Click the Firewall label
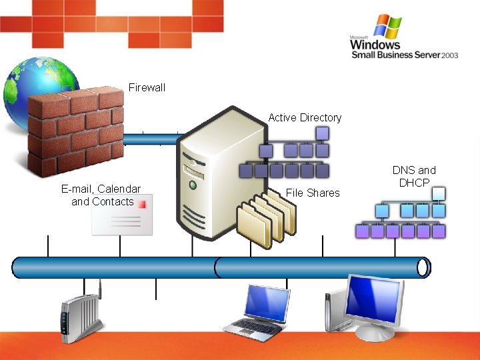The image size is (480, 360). pos(147,87)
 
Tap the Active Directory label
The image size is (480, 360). pos(305,117)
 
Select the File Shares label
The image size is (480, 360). pos(313,193)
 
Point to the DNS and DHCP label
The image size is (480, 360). pos(413,176)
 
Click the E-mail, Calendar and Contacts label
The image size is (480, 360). pos(101,195)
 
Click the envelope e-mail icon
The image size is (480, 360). pos(122,215)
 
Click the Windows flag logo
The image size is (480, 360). pos(387,27)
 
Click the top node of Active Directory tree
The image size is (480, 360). pos(322,133)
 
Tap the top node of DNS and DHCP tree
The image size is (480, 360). pos(438,193)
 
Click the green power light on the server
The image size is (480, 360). pos(193,184)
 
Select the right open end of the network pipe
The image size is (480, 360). pos(423,267)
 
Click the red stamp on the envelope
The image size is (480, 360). pos(142,205)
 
